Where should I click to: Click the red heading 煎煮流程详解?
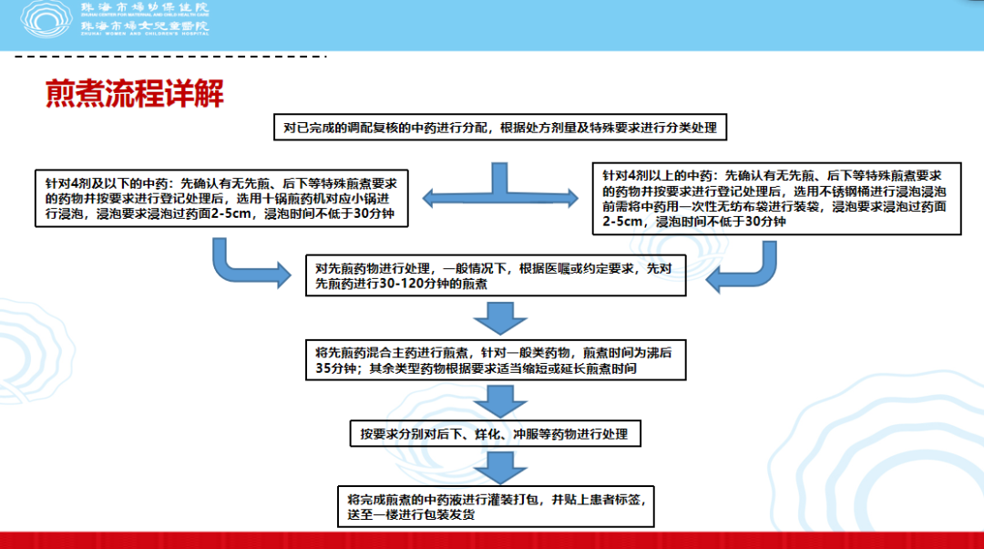point(135,94)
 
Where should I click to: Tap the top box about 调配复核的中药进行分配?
point(500,129)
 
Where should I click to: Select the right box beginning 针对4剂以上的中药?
point(777,200)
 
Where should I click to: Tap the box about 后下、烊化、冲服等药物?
point(495,434)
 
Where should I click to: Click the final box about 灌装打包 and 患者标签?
point(496,507)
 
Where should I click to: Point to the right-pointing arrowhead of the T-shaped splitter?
point(569,196)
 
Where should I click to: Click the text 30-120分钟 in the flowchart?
point(400,285)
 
